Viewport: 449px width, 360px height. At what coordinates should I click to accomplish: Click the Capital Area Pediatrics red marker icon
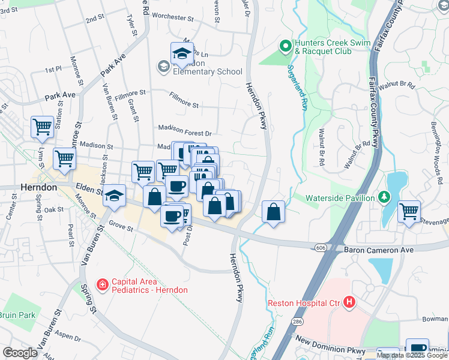point(103,284)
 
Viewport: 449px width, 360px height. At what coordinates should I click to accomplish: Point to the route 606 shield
point(320,248)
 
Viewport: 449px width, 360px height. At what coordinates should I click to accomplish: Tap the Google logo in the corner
point(20,353)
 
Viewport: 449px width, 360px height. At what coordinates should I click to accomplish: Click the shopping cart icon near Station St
point(42,127)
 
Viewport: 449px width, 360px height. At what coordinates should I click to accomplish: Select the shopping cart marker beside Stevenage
point(409,211)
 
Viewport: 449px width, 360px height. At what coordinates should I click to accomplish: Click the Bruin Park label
point(17,314)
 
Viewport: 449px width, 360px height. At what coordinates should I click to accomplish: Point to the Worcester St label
point(173,17)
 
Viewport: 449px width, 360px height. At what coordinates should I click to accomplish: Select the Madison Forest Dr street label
point(185,127)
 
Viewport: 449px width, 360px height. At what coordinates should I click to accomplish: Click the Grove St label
point(120,225)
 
